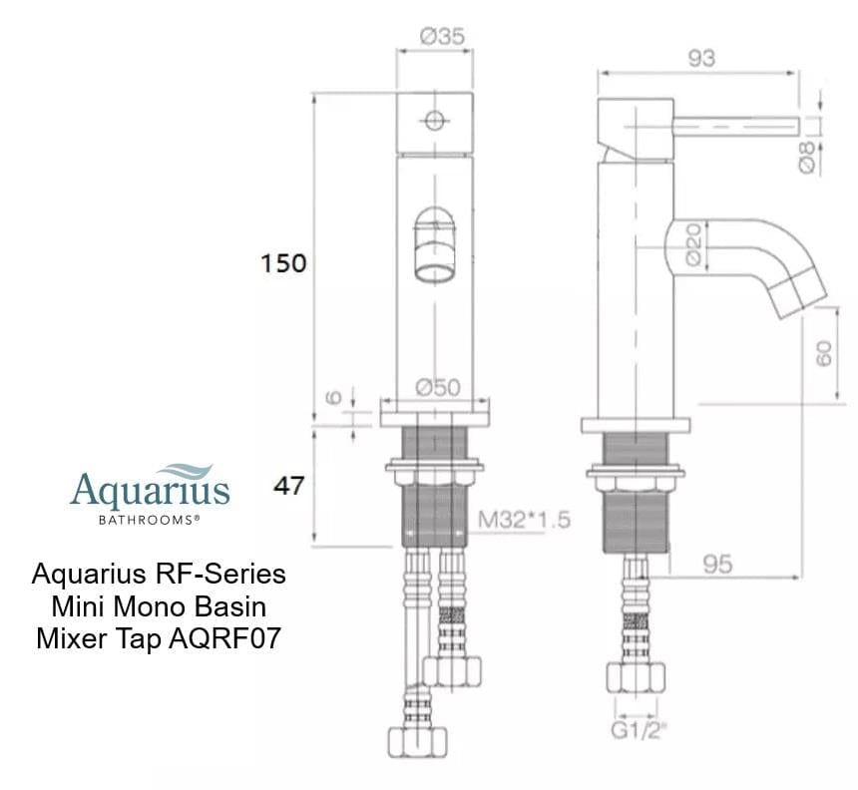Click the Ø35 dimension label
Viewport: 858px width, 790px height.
point(442,37)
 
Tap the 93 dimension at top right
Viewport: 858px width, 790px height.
point(701,58)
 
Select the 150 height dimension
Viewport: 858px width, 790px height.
point(284,264)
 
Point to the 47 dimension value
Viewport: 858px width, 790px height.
point(288,486)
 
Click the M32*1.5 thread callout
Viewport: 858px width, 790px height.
point(525,520)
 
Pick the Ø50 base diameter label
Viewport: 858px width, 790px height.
point(438,388)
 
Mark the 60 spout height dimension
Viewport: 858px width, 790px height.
point(824,352)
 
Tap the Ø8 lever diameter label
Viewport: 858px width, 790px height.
point(809,155)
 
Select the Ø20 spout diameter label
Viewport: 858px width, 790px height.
point(694,242)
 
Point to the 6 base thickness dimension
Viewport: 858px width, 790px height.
point(335,396)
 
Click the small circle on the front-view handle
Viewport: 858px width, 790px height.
point(434,121)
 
